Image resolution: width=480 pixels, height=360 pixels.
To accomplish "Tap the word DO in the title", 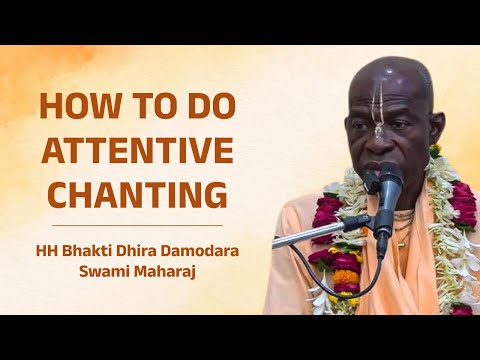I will [205, 108].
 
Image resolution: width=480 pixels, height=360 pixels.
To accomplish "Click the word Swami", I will [110, 270].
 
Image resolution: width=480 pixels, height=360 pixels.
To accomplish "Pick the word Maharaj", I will [167, 270].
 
